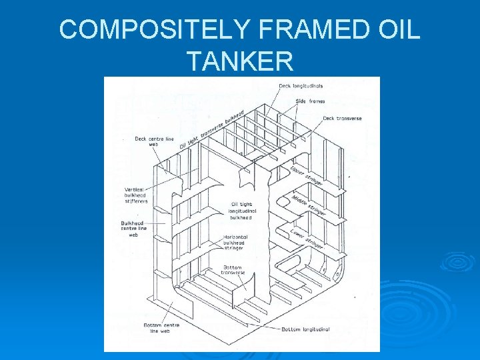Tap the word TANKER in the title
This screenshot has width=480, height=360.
click(240, 62)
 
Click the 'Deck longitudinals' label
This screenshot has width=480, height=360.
click(301, 86)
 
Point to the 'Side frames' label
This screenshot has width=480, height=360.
click(310, 101)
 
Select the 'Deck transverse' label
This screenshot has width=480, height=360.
click(342, 119)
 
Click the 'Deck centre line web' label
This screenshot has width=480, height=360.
click(154, 141)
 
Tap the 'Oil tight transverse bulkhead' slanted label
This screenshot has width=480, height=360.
click(211, 130)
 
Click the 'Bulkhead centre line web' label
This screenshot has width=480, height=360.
click(133, 229)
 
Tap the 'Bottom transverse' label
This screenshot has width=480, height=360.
click(233, 269)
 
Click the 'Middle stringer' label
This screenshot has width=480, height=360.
click(309, 205)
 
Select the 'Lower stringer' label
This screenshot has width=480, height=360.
click(307, 239)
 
